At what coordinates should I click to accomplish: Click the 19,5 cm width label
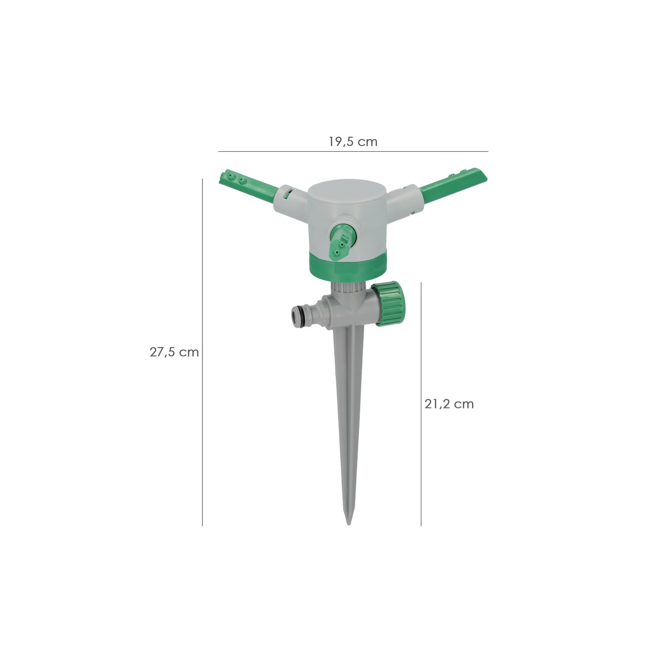tap(353, 142)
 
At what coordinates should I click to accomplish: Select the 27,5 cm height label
tap(174, 352)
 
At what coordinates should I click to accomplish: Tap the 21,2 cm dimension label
tap(449, 404)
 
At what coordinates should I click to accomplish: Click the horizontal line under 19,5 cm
tap(353, 152)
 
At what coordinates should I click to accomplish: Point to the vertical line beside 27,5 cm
tap(202, 352)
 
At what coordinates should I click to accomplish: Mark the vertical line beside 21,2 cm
tap(421, 404)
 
